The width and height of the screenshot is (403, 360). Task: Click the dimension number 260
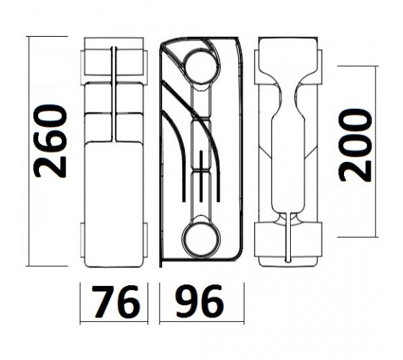click(50, 141)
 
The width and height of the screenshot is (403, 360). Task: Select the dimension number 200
click(356, 145)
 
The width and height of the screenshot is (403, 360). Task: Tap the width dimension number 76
click(116, 302)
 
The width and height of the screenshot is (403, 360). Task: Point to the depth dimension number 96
click(199, 302)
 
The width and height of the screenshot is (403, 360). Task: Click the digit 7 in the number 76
click(103, 302)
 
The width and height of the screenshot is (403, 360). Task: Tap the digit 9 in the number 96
click(187, 302)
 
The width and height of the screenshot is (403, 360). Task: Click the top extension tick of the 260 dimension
click(47, 36)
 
